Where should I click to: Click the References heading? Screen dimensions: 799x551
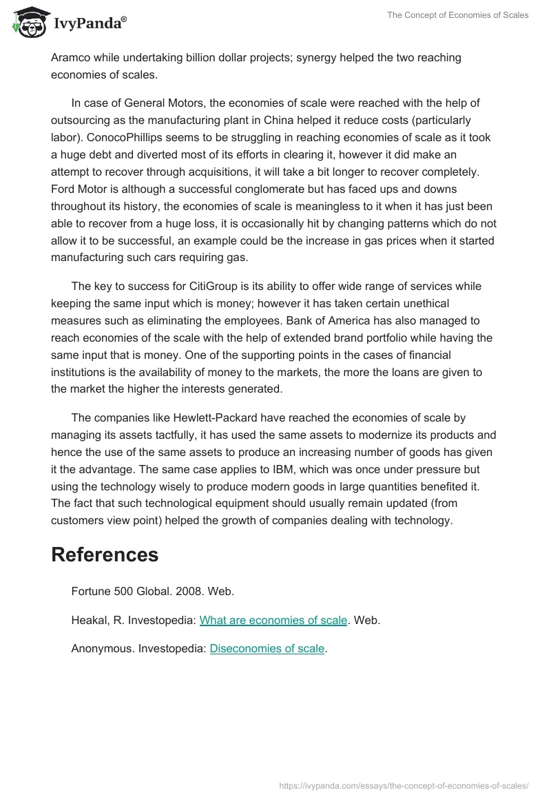(x=105, y=554)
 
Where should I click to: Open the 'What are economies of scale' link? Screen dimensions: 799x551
(x=273, y=620)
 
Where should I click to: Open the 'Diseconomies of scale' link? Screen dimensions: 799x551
(x=267, y=648)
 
